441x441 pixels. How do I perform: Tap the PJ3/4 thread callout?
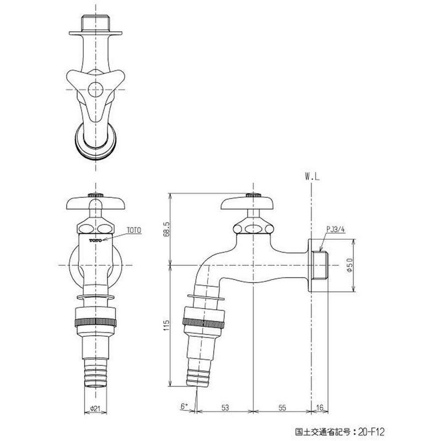pyautogui.click(x=335, y=230)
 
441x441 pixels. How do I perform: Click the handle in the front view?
pyautogui.click(x=96, y=204)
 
